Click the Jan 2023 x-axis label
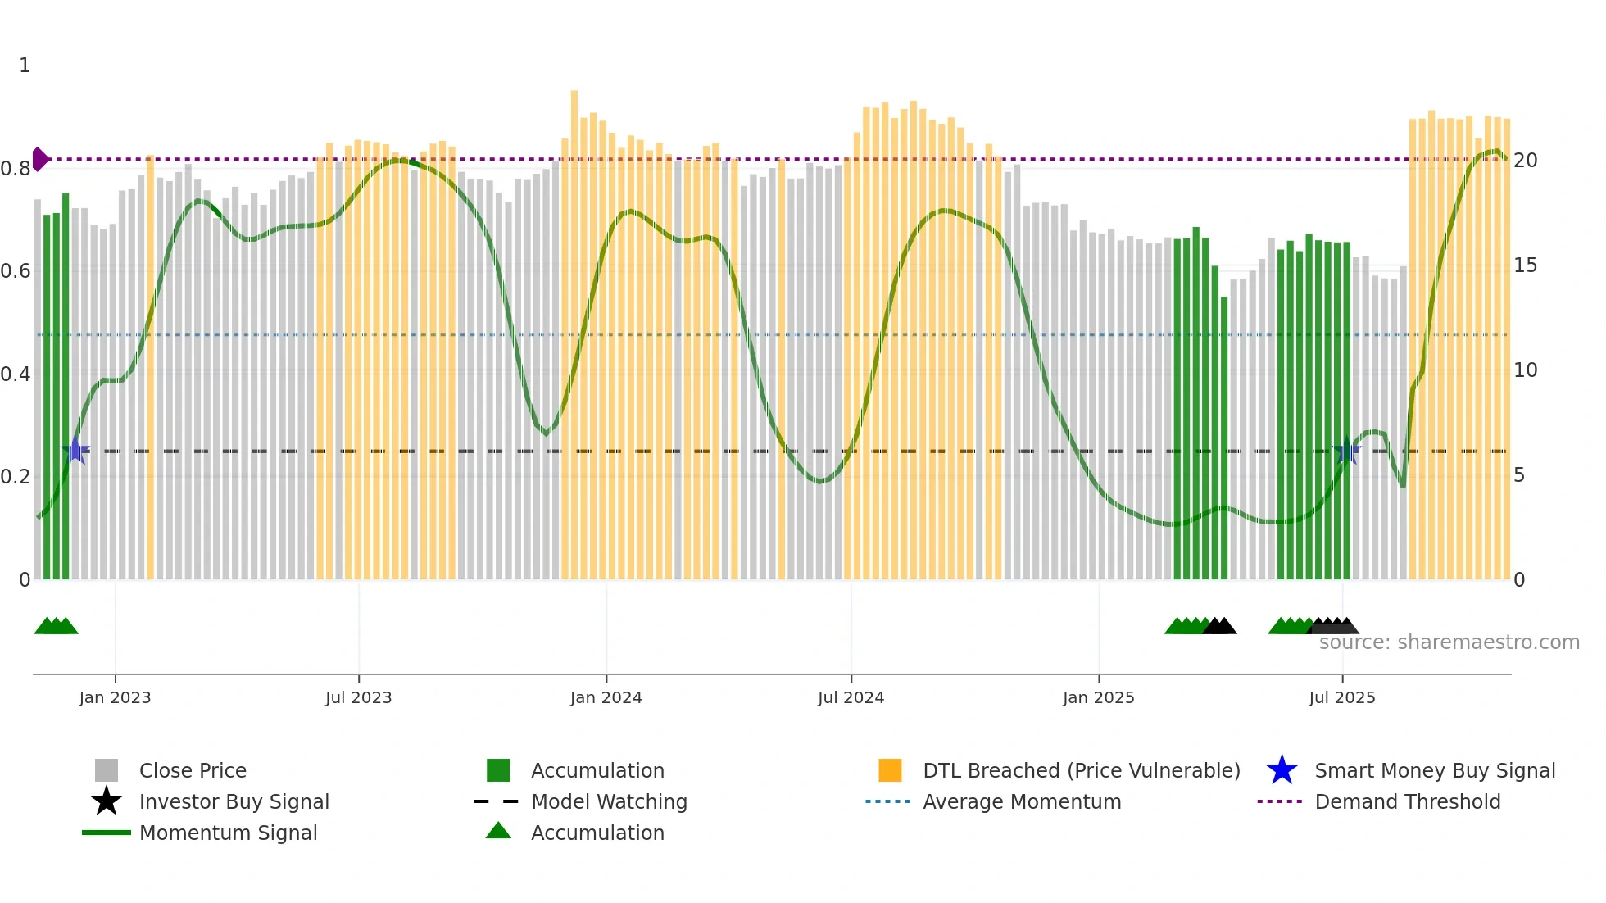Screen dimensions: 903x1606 [x=115, y=697]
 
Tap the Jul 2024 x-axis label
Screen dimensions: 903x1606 [x=851, y=697]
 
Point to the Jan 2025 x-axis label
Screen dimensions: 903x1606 [x=1098, y=697]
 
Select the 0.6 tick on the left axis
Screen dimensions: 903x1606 [x=16, y=271]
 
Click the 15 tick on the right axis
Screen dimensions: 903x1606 [x=1524, y=265]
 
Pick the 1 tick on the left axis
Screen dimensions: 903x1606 [x=25, y=66]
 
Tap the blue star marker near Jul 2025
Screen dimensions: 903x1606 [x=1347, y=451]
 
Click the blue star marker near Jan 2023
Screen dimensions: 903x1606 [x=75, y=450]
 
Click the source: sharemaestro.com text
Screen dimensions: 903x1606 [x=1449, y=642]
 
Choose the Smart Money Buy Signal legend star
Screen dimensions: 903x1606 [x=1282, y=770]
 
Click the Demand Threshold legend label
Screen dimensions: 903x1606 [x=1407, y=801]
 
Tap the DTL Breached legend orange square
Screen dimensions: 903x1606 [x=890, y=770]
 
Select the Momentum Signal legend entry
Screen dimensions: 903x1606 [x=228, y=833]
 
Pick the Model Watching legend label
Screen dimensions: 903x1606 [x=609, y=801]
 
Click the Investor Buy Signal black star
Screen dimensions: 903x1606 [x=107, y=801]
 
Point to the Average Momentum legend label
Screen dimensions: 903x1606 [x=1022, y=801]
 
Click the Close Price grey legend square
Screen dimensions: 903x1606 [x=107, y=770]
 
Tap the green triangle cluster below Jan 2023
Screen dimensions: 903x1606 [x=56, y=627]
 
